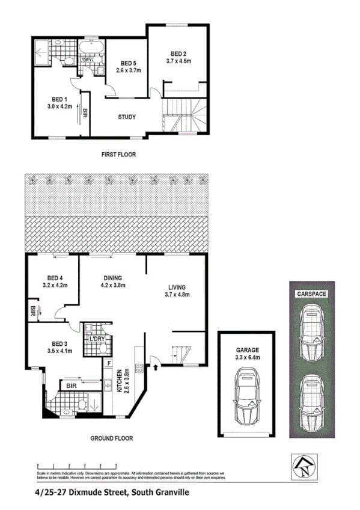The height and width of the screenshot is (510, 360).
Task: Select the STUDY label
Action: (126, 117)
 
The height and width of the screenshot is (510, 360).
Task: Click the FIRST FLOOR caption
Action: (118, 155)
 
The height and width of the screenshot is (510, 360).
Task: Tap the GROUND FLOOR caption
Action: (111, 438)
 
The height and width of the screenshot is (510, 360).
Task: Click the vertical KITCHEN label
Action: (120, 380)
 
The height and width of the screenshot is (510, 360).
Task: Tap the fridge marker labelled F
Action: (109, 363)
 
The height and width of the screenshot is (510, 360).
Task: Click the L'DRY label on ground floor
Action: (97, 339)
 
